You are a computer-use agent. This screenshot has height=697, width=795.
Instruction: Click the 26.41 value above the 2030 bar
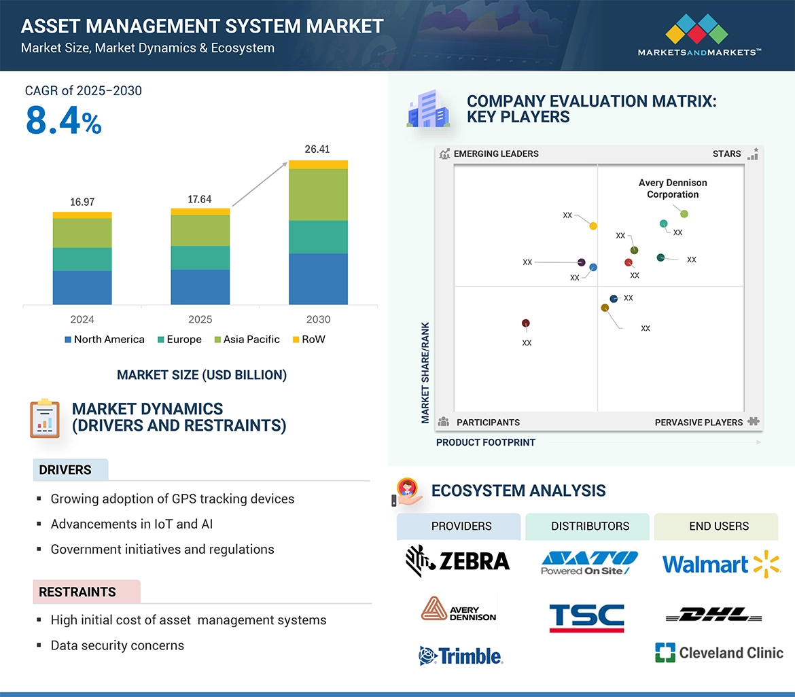317,149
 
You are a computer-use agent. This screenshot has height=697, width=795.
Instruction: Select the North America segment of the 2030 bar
318,279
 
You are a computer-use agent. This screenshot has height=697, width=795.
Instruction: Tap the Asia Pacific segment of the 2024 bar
82,233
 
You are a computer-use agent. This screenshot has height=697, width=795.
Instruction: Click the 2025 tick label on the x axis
200,319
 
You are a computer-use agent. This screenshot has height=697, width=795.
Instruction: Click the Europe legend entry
179,340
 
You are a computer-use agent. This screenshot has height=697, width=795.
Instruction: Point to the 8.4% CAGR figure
63,122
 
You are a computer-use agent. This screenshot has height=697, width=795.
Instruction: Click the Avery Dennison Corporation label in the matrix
673,189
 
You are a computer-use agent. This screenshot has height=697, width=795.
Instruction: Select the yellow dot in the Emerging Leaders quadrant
593,226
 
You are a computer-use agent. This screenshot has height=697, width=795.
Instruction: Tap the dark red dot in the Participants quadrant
525,323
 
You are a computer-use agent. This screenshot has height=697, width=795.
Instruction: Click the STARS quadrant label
726,154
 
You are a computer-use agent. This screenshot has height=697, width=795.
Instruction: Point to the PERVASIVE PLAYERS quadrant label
699,423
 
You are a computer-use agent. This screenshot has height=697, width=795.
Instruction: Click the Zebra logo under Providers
458,561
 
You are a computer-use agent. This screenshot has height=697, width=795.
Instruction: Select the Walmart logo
721,564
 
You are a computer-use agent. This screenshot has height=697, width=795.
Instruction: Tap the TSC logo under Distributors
586,618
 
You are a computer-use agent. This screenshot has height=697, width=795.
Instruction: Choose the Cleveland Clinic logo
719,653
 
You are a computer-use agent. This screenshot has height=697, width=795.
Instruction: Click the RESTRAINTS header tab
77,592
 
